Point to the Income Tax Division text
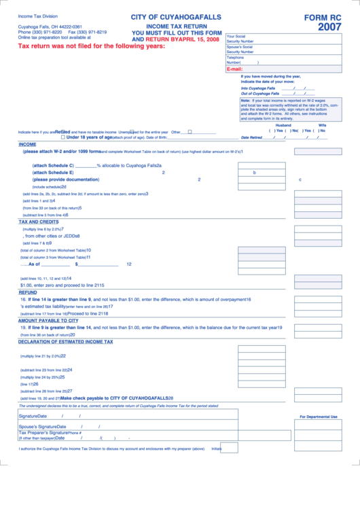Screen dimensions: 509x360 38,15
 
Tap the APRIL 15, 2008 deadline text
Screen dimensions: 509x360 198,39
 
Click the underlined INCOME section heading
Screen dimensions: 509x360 27,144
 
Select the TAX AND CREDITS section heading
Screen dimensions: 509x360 38,222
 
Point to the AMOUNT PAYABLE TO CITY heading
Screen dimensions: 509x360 48,320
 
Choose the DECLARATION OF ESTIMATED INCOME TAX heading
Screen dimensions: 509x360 65,342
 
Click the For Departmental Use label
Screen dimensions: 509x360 319,417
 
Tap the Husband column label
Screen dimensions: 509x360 283,125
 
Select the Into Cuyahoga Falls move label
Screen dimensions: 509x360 258,88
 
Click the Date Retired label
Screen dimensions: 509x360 251,137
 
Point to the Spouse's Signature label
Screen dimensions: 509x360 37,427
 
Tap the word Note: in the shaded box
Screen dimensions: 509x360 246,101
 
